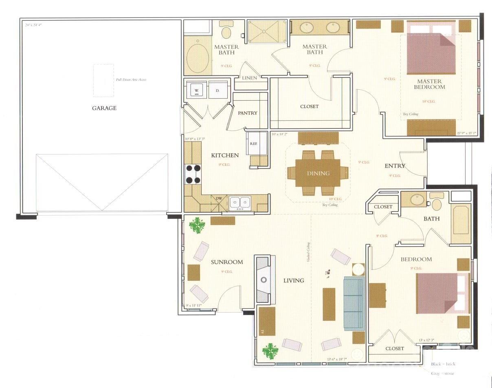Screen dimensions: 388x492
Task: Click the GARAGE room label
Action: (104, 108)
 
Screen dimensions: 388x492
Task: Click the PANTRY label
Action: (248, 113)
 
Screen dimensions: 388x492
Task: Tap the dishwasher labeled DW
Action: (219, 199)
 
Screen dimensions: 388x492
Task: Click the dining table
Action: (318, 173)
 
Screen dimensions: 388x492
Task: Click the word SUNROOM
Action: (226, 262)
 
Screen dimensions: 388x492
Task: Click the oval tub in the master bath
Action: (198, 58)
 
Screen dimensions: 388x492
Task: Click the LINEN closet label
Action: (249, 78)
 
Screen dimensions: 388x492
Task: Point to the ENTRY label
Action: (395, 166)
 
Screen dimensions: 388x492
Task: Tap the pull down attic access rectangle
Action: (103, 80)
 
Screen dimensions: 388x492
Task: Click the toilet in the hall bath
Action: (437, 203)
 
